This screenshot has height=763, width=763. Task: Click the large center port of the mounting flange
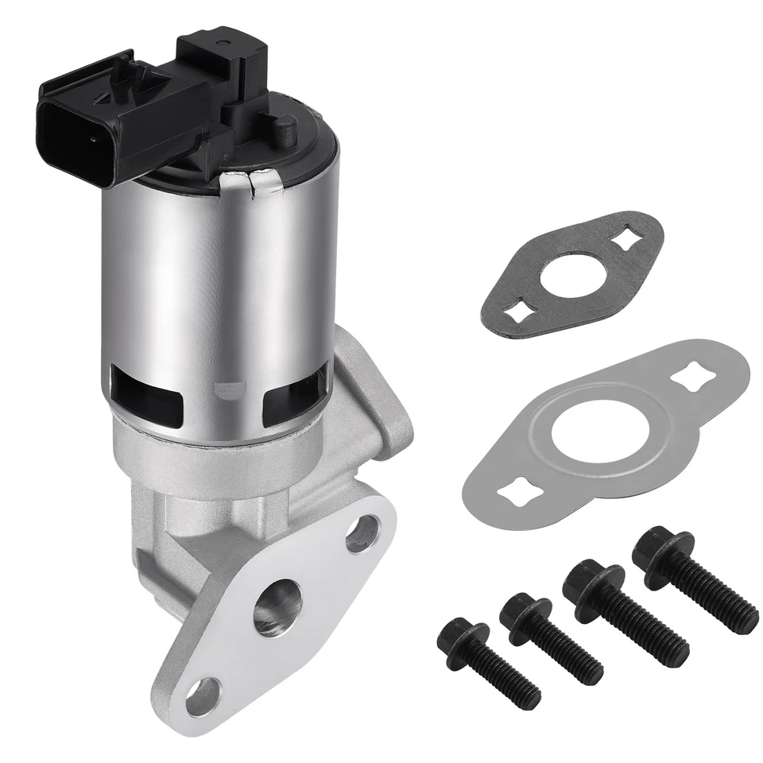coord(277,606)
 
